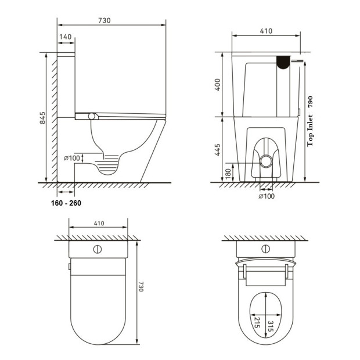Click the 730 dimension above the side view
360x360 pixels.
(105, 20)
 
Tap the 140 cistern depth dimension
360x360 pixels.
(66, 37)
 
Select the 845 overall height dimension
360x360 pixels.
(43, 118)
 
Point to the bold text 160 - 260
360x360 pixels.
(66, 203)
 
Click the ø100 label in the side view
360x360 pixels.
(72, 158)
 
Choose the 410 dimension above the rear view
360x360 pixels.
(267, 31)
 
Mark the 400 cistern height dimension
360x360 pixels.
(218, 85)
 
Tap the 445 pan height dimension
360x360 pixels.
(218, 150)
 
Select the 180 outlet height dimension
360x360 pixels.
(228, 174)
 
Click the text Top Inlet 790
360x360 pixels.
(310, 121)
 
